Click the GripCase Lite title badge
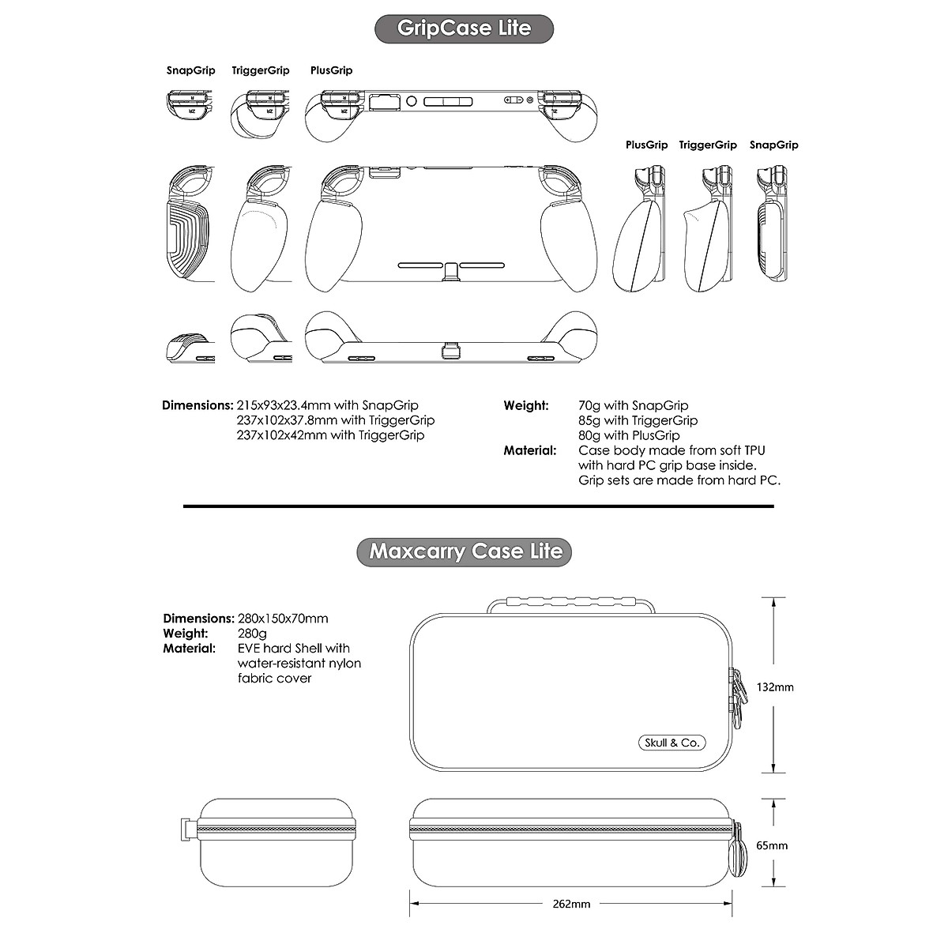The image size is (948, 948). (x=464, y=28)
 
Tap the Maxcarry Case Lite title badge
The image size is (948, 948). (x=465, y=551)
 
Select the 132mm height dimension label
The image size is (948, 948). (x=774, y=687)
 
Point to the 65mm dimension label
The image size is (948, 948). (x=772, y=845)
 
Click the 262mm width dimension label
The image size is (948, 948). (x=571, y=904)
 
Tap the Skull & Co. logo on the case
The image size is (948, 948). (x=671, y=743)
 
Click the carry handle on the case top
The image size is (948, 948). (x=571, y=605)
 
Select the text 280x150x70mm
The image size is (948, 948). (x=283, y=619)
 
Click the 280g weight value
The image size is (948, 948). (x=252, y=634)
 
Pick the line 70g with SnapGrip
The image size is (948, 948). (x=633, y=405)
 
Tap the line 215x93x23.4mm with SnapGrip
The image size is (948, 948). (x=327, y=405)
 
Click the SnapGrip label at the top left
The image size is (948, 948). (x=190, y=70)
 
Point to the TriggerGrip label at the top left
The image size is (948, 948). (x=261, y=70)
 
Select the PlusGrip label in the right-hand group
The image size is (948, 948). (x=646, y=145)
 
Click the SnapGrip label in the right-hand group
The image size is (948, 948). (x=773, y=145)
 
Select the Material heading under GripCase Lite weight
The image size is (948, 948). (x=530, y=450)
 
